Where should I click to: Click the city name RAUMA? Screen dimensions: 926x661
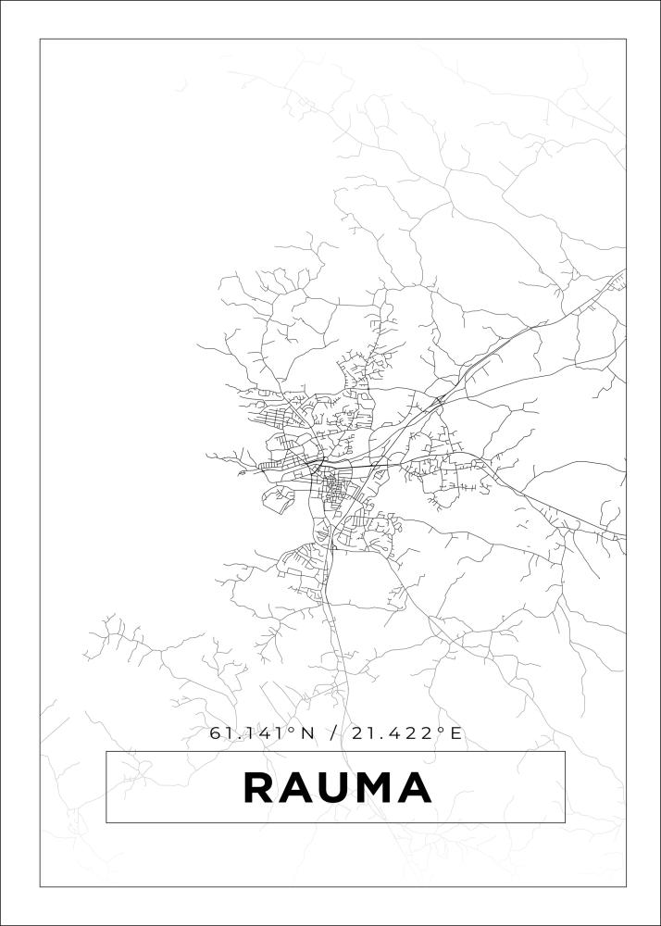[337, 787]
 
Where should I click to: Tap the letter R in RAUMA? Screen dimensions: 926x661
[259, 787]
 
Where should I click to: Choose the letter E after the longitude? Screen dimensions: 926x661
[455, 733]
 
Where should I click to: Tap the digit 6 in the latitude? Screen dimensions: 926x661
[216, 733]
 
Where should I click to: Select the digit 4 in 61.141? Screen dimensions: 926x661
[268, 733]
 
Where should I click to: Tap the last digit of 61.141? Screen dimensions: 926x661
[281, 733]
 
